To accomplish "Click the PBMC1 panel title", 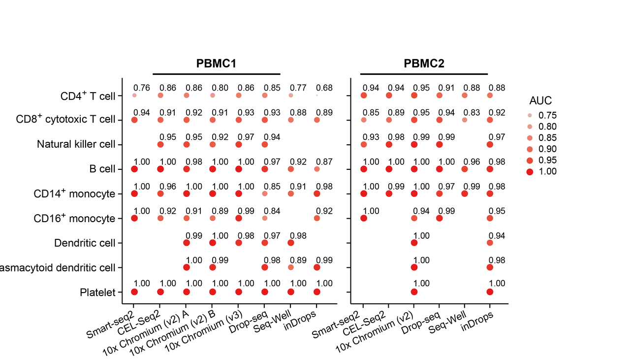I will [217, 64].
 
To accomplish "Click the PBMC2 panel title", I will [424, 64].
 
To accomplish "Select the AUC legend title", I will [540, 101].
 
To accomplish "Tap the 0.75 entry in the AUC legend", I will [548, 115].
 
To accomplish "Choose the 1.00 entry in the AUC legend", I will [548, 171].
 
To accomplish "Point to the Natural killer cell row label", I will [76, 144].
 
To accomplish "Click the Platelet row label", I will [97, 293].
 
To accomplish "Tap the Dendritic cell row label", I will [85, 243].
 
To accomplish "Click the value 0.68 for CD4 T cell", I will [325, 88].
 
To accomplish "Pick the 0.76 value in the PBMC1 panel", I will [142, 88].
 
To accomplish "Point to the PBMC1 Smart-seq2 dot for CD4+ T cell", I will [134, 95].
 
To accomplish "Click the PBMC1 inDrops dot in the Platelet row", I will [316, 292].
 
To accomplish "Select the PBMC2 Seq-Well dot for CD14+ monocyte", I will [464, 194].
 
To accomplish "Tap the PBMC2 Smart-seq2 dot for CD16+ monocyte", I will [364, 218].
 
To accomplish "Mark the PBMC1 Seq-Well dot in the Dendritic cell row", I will [291, 243].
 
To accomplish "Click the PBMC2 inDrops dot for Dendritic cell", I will [490, 243].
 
